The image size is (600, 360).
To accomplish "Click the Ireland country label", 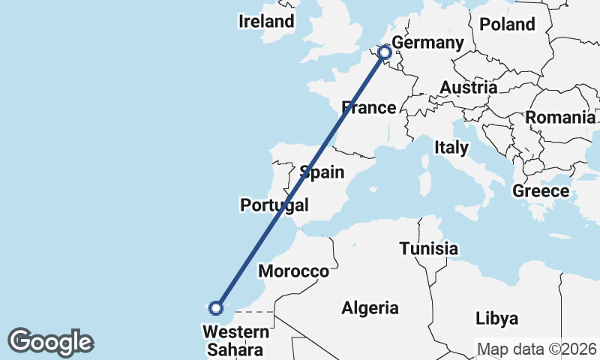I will pos(266,22).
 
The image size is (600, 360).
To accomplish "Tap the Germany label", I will pos(428,43).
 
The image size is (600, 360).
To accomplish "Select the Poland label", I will pos(507,24).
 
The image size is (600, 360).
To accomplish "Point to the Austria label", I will pos(468,88).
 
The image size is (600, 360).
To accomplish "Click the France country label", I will pos(369,108).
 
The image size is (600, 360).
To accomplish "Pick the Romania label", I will pos(559,117).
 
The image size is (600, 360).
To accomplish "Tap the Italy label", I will pos(451,148).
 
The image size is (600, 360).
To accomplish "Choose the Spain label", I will pos(322,172).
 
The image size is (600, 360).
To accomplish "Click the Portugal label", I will pos(274,205).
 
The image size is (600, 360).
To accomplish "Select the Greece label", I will pos(541,191).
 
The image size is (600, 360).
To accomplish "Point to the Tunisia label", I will pos(428,248).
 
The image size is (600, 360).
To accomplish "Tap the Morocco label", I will pos(293,271).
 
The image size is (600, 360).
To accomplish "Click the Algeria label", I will pos(370,307).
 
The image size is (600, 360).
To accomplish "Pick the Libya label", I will pos(496,319).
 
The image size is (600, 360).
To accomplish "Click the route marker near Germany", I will pos(385,52).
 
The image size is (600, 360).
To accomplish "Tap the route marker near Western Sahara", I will pos(216,307).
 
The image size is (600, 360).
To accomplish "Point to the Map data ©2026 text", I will pos(537,349).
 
